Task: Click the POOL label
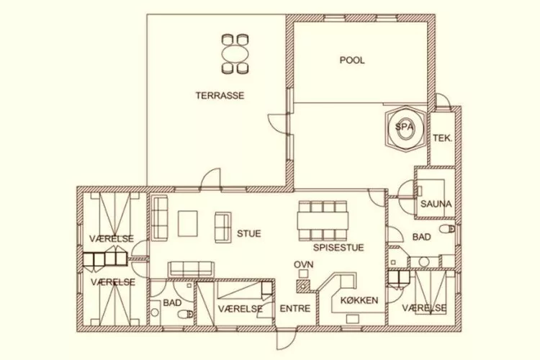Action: coord(352,60)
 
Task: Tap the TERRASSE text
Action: coord(220,96)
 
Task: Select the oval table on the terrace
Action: coord(235,54)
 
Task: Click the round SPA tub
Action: coord(405,128)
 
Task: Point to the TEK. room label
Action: coord(442,138)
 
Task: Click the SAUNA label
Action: coord(436,204)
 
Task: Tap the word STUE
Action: coord(248,233)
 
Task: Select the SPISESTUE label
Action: coord(338,248)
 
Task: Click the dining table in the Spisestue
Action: coord(323,221)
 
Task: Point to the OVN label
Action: coord(303,264)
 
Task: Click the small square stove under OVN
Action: coord(303,274)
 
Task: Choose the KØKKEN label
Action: coord(359,300)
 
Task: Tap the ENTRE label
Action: coord(294,308)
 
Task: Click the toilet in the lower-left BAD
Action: coord(186,314)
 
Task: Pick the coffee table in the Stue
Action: coord(188,224)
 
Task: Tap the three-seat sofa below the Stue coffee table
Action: coord(191,269)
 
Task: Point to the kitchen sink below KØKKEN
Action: coord(352,319)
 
